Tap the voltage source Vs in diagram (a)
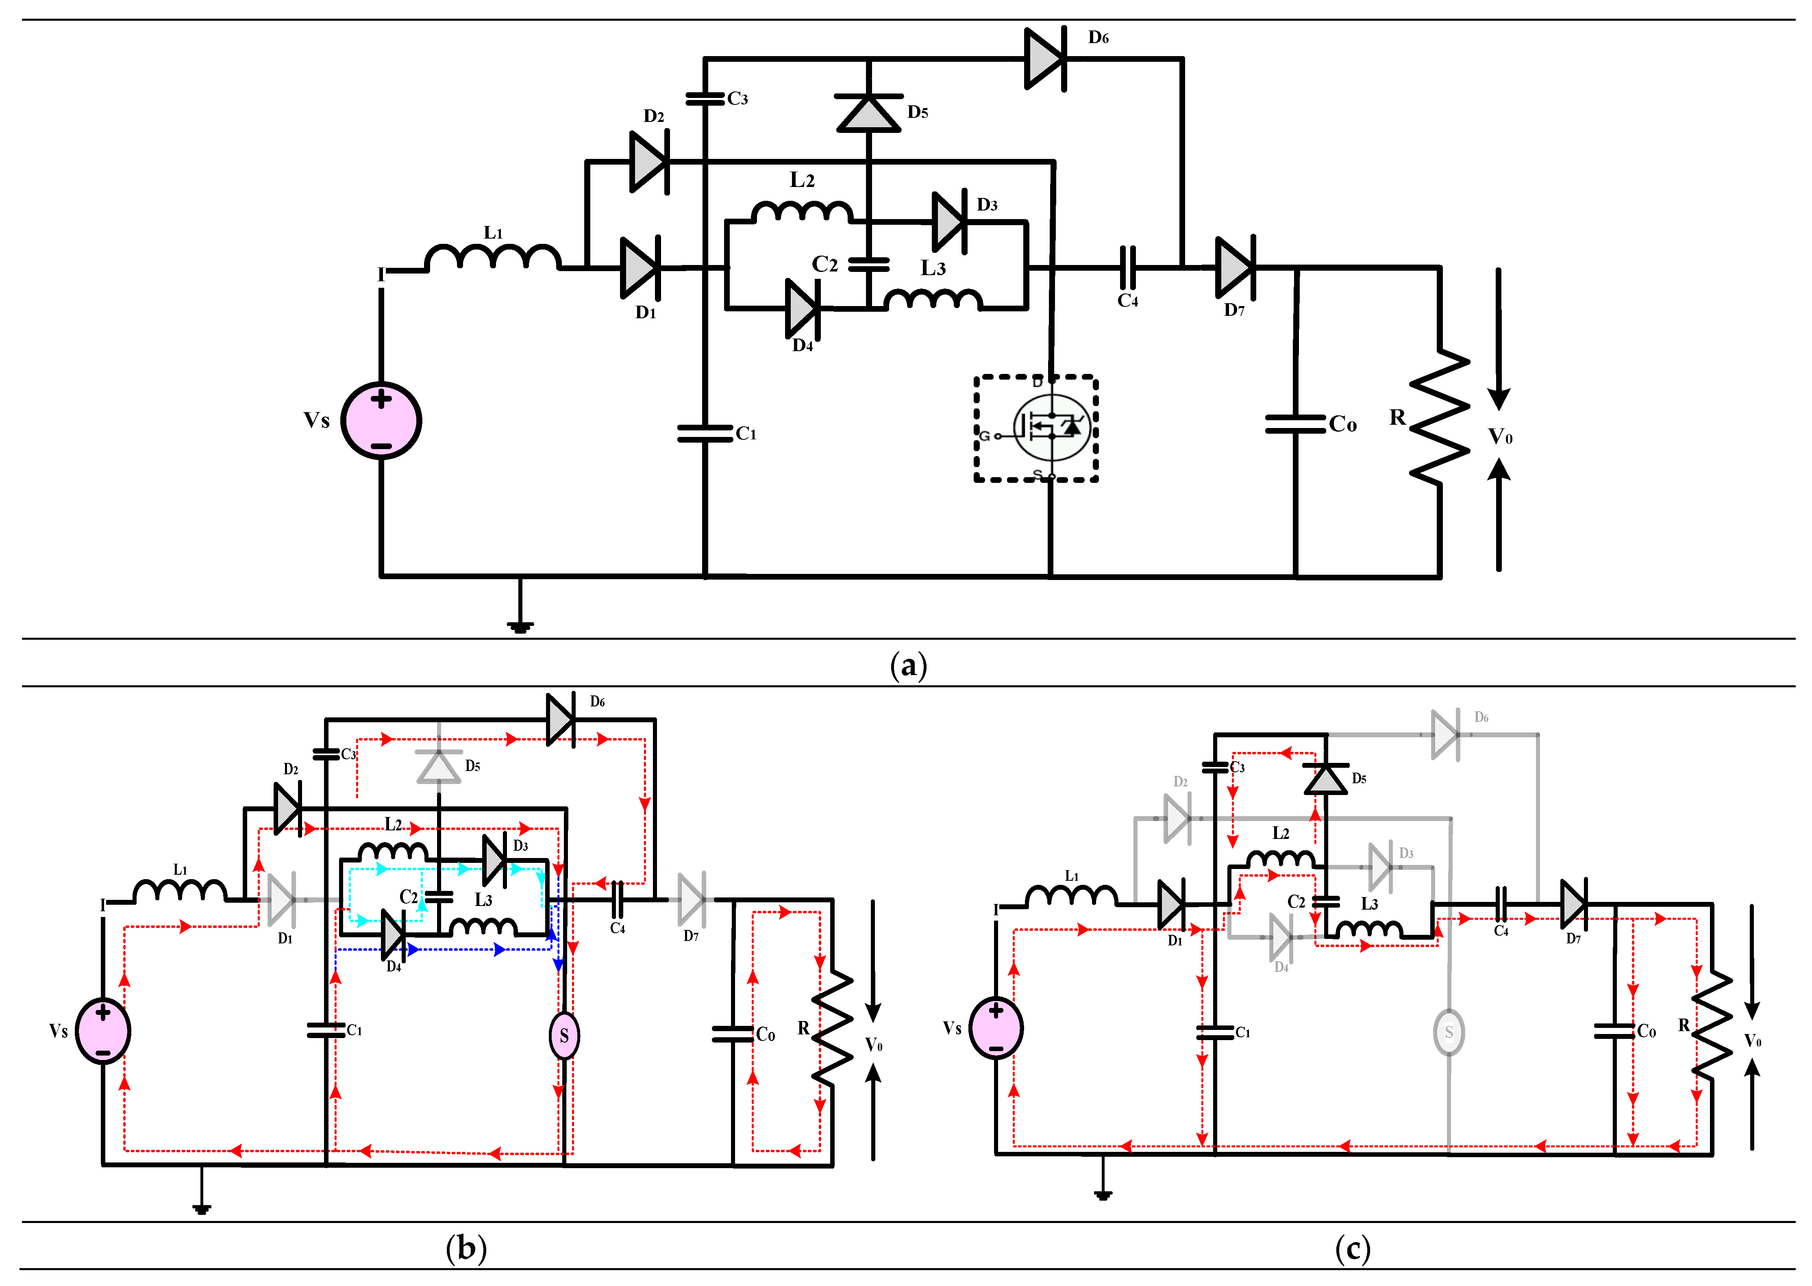[381, 421]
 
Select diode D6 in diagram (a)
[1045, 59]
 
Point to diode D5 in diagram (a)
[869, 113]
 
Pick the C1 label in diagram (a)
[746, 434]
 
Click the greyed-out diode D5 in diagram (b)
[439, 766]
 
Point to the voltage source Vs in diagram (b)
[103, 1031]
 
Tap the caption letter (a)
[908, 665]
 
